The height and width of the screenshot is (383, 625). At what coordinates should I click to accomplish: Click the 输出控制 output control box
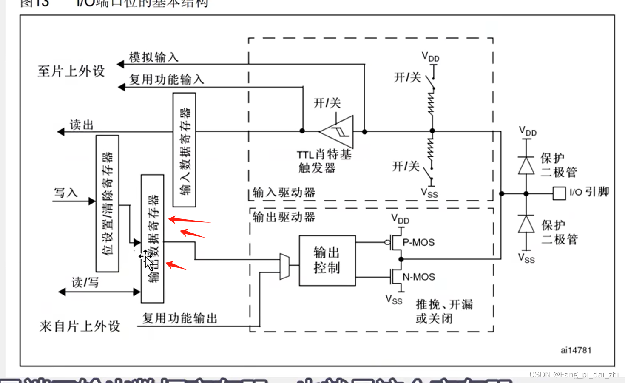(327, 260)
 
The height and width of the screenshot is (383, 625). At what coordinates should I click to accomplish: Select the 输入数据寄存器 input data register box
(184, 150)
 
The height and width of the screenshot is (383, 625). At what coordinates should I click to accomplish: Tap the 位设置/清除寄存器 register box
(107, 203)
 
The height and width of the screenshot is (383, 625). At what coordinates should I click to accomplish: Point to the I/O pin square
(559, 193)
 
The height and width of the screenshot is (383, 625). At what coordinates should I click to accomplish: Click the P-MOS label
(418, 242)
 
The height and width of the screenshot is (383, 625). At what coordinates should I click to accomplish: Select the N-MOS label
(419, 277)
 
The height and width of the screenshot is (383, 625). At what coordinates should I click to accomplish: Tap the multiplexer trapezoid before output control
(284, 267)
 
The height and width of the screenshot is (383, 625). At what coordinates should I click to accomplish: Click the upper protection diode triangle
(526, 165)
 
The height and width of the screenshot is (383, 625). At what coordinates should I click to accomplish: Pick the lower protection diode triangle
(526, 224)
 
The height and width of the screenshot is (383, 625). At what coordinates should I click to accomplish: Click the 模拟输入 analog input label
(153, 57)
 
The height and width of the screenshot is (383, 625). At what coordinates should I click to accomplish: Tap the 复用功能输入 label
(166, 79)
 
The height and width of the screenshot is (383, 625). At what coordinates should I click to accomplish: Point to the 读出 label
(81, 125)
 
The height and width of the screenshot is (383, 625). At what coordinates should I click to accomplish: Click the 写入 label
(65, 193)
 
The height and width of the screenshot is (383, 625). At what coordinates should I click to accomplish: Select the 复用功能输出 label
(179, 318)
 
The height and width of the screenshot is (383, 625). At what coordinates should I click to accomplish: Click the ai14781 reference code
(576, 350)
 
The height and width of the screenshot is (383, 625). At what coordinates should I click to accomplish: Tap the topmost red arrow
(189, 220)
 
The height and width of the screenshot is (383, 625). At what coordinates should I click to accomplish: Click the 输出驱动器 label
(284, 217)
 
